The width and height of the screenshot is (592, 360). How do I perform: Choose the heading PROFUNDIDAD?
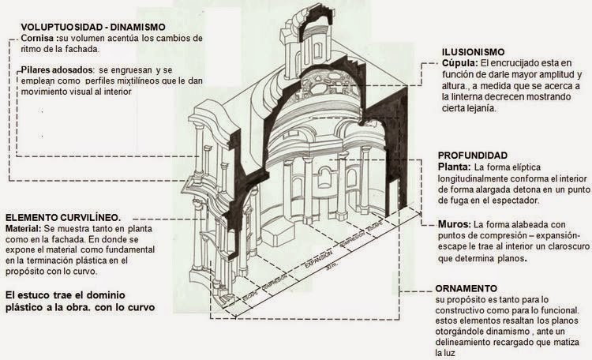pos(471,155)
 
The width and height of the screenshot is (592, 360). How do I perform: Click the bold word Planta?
pos(454,167)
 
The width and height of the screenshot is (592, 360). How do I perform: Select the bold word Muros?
pos(453,224)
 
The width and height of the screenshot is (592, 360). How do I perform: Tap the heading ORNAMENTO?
pos(466,288)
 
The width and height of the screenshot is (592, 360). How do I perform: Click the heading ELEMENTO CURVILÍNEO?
pos(62,216)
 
